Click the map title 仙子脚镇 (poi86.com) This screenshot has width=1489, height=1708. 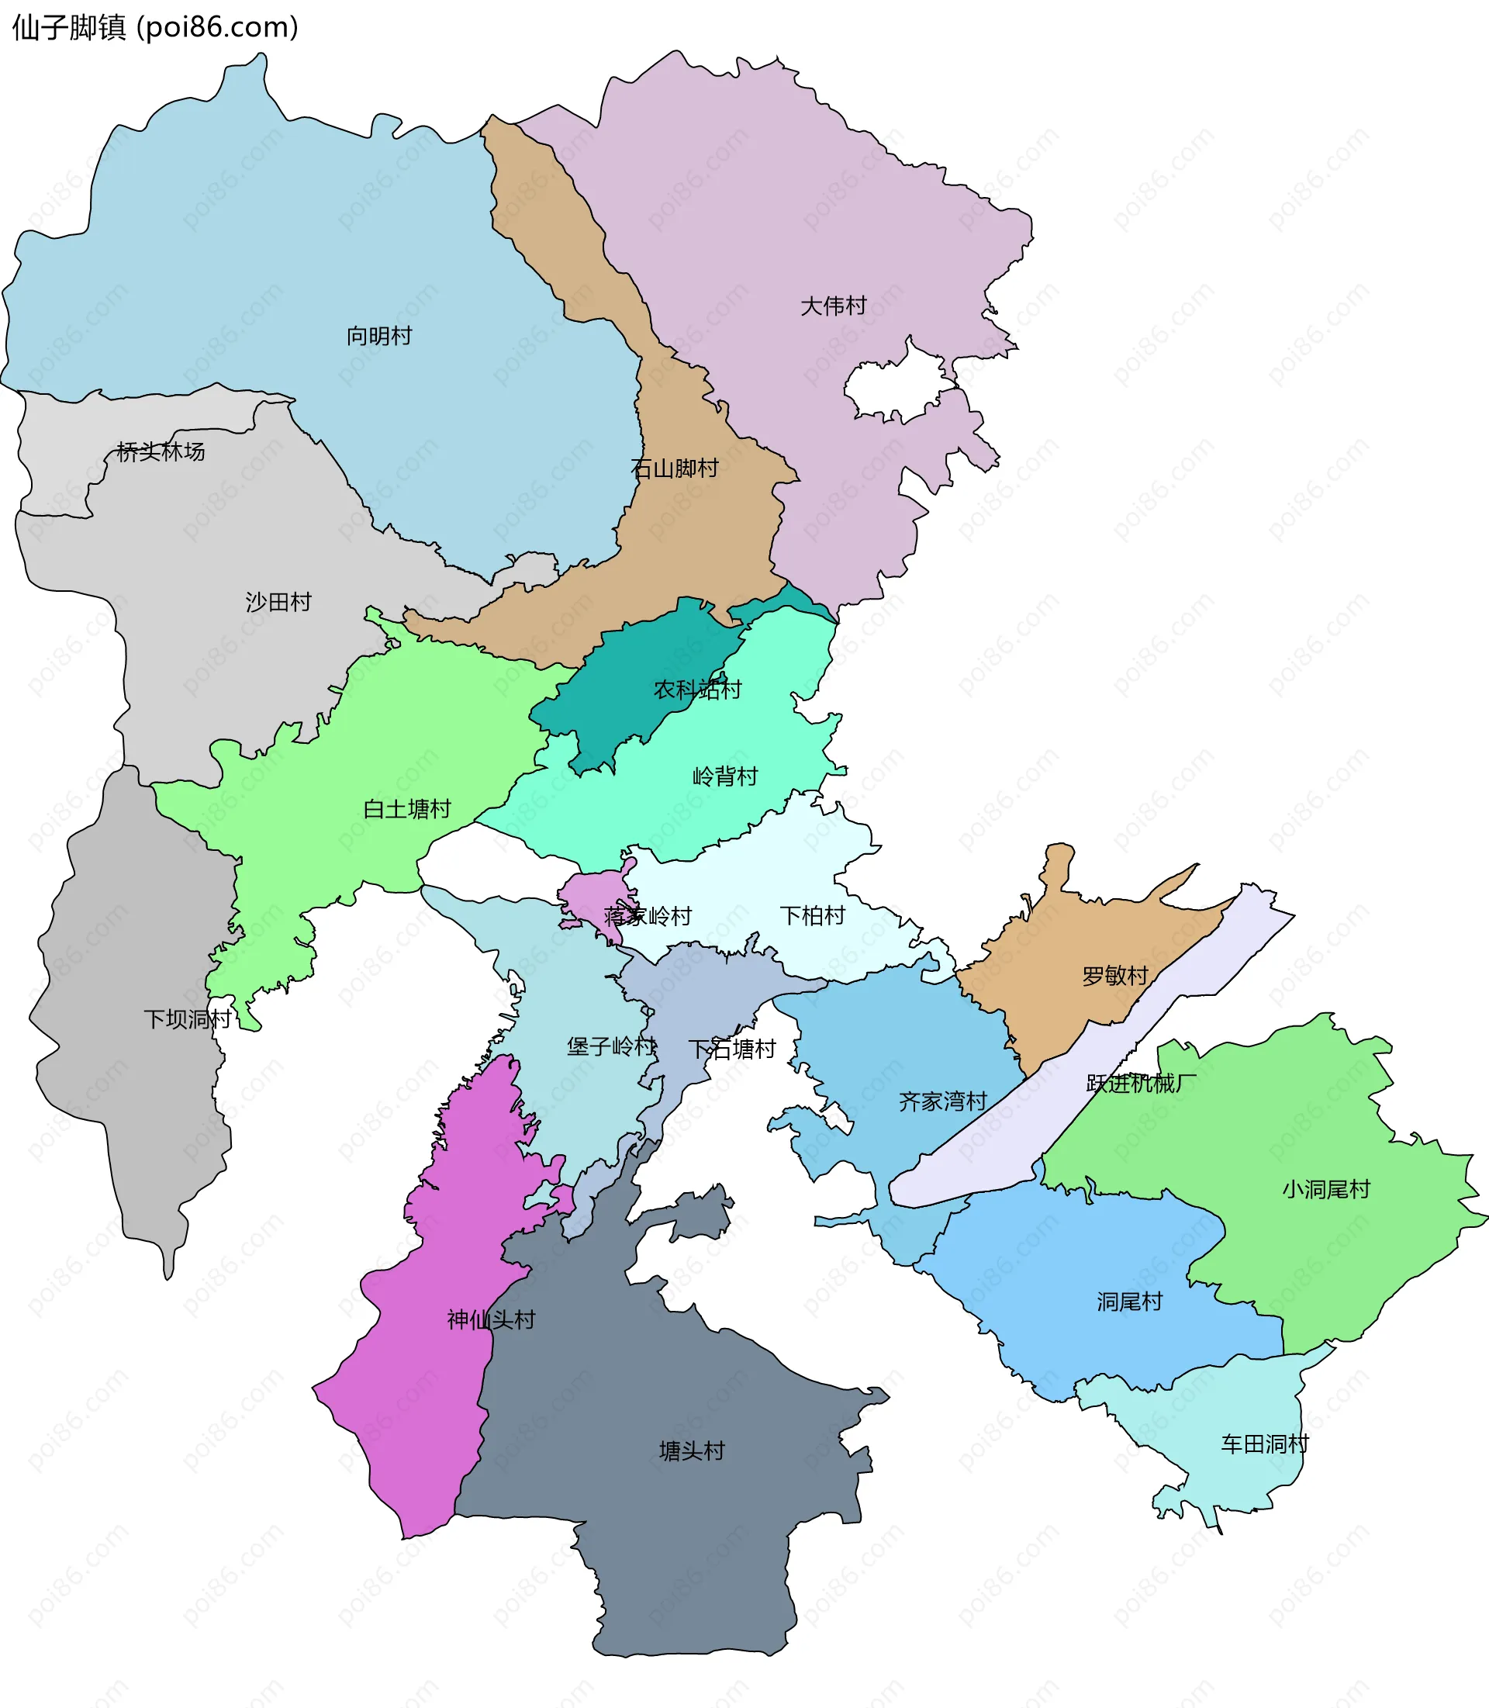coord(154,27)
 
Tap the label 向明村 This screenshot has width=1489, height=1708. coord(379,336)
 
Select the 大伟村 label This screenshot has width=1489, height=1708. coord(833,306)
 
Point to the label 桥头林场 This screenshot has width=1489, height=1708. coord(161,451)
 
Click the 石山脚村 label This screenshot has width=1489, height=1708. coord(674,468)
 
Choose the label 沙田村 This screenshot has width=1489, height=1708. coord(278,602)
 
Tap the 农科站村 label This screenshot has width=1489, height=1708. coord(697,689)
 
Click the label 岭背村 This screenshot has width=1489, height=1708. coord(724,776)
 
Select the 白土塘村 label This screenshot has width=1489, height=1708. coord(407,809)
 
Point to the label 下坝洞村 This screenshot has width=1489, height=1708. coord(187,1019)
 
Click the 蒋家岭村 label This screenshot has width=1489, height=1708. coord(648,916)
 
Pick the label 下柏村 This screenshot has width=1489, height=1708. coord(812,915)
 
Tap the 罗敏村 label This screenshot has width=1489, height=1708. coord(1114,976)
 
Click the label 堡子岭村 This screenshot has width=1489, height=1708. coord(611,1046)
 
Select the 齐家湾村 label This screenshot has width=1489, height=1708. coord(942,1101)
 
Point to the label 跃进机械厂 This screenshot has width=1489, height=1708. coord(1141,1083)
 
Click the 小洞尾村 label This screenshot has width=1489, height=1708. coord(1325,1189)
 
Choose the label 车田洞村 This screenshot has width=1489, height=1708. coord(1264,1444)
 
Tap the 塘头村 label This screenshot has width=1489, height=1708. coord(691,1451)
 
